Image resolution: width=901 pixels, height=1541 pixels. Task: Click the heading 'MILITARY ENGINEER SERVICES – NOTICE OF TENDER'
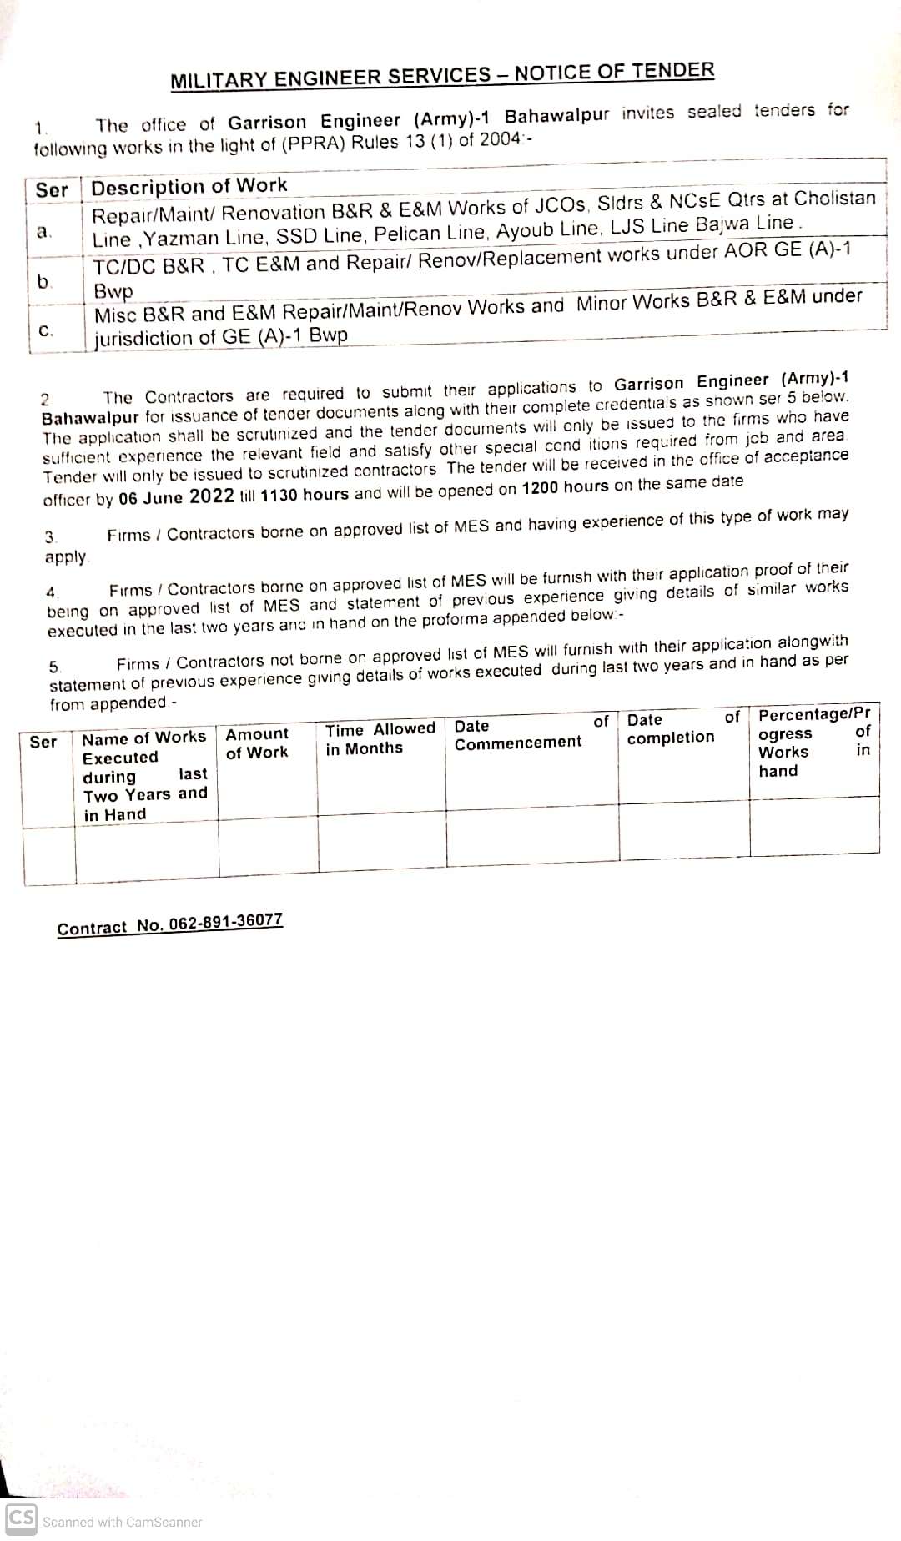442,75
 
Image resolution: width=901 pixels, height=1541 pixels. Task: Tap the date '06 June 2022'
176,497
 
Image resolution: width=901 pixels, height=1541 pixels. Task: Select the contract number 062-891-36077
169,924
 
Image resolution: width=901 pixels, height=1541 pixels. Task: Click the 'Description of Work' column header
189,186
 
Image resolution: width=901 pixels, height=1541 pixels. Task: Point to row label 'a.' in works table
45,231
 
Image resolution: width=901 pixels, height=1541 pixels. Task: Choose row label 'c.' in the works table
47,330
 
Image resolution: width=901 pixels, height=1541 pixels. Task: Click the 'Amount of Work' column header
257,743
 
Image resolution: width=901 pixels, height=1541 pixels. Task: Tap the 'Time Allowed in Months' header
380,738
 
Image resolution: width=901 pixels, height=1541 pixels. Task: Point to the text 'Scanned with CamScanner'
123,1522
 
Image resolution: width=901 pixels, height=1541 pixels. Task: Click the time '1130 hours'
305,494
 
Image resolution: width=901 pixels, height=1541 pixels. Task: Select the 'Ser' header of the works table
52,190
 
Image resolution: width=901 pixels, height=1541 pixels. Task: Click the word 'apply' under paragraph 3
65,556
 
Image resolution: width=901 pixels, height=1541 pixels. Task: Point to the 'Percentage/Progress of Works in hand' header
813,742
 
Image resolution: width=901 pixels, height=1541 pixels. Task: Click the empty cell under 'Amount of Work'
268,852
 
